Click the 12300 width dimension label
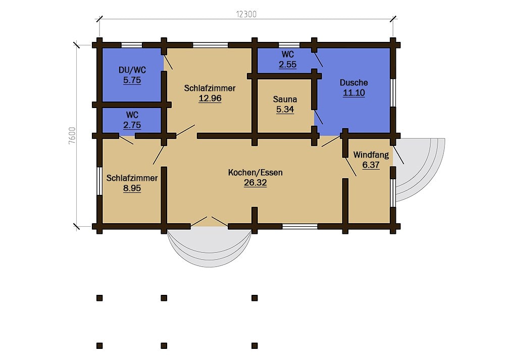coord(246,14)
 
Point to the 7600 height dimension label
coord(72,135)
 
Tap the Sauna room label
coord(285,99)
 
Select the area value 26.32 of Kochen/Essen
coord(256,183)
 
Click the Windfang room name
coord(371,155)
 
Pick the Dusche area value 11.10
coord(354,93)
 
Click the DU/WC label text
coord(132,70)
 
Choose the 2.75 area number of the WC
coord(132,125)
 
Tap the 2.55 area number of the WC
coord(288,65)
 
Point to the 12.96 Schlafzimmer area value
coord(210,98)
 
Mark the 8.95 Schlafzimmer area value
coord(132,188)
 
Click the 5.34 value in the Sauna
coord(285,110)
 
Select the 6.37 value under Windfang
coord(371,165)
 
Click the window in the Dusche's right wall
coord(393,92)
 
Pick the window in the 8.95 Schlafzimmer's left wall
coord(99,181)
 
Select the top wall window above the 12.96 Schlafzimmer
coord(210,45)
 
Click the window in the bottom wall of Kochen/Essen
coord(300,226)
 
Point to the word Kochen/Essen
coord(256,173)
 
